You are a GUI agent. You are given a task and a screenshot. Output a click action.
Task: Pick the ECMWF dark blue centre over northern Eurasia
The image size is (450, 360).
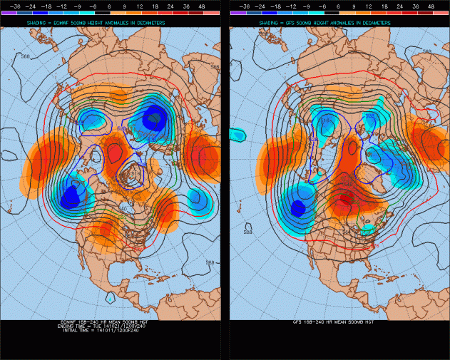click(x=155, y=118)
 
